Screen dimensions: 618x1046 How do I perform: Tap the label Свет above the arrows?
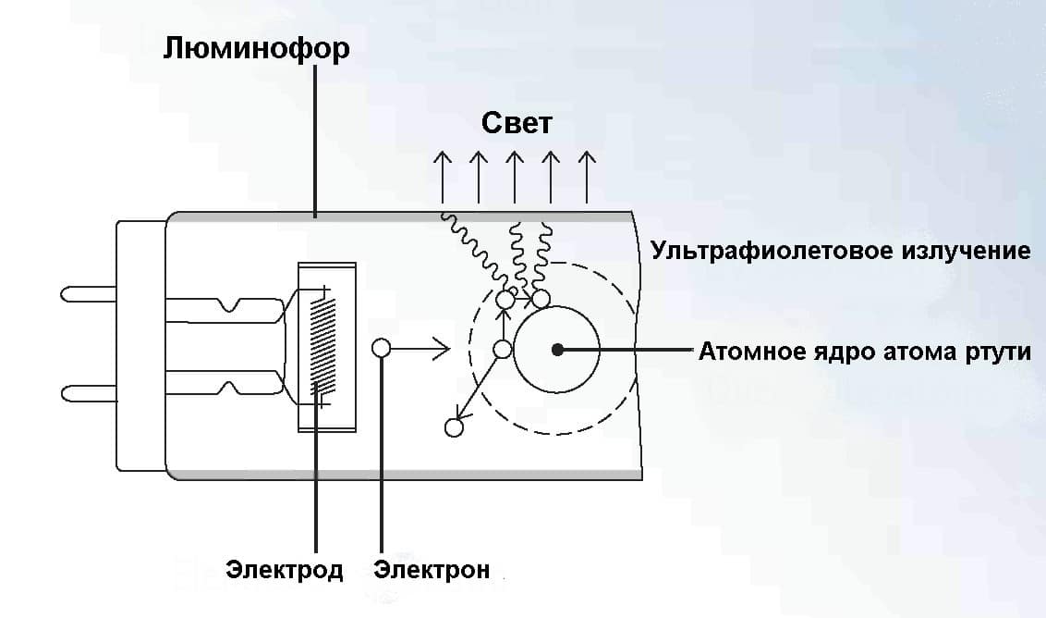coord(517,123)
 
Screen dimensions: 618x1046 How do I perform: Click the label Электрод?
coord(285,569)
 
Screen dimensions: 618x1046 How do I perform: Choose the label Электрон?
coord(432,569)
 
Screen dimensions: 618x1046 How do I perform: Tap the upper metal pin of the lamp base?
coord(88,294)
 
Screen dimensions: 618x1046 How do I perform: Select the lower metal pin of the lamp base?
coord(88,394)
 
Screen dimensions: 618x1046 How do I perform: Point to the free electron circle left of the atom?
coord(381,349)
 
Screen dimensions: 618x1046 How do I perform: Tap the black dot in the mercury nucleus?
coord(556,350)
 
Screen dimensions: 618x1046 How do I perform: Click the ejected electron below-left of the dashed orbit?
coord(453,427)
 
